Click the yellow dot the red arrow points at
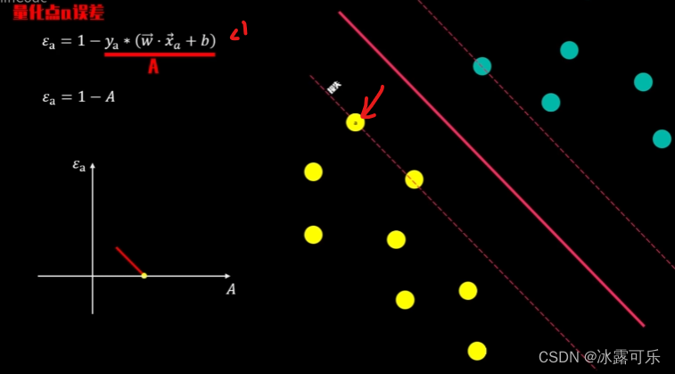[355, 122]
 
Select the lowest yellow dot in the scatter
[477, 351]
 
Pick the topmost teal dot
[569, 50]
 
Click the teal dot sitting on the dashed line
[482, 66]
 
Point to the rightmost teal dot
[662, 138]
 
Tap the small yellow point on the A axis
[144, 276]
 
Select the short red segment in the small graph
[128, 261]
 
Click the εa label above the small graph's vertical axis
[79, 165]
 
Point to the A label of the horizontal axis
[231, 289]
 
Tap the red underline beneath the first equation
[160, 54]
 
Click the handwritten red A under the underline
[153, 66]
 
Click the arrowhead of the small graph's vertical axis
[93, 165]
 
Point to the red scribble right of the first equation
[238, 32]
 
